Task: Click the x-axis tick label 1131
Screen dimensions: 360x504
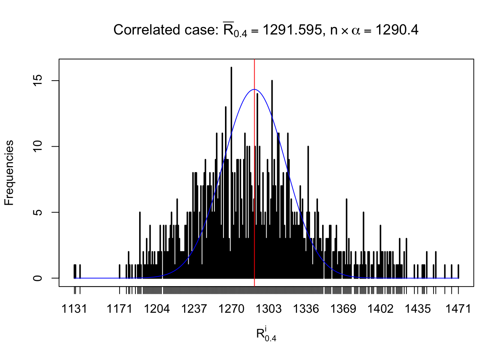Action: (x=74, y=309)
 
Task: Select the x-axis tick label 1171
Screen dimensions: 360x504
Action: (x=119, y=309)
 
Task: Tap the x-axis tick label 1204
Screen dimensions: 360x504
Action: (x=157, y=309)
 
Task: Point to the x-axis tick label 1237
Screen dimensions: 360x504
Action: (x=194, y=309)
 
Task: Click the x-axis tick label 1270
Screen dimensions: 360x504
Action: (x=231, y=309)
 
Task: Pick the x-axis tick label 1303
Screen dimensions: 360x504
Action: (x=268, y=309)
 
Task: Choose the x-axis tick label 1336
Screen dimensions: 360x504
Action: (x=306, y=309)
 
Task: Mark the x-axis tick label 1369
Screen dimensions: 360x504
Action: (x=343, y=309)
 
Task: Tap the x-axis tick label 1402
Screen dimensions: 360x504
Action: (x=380, y=309)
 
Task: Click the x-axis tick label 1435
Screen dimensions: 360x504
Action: (x=418, y=309)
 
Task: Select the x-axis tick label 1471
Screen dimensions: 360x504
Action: (x=458, y=309)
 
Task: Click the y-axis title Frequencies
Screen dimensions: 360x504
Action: (x=9, y=173)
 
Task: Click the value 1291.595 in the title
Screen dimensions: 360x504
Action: (x=291, y=30)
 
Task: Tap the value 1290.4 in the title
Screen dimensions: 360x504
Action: (x=397, y=30)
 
